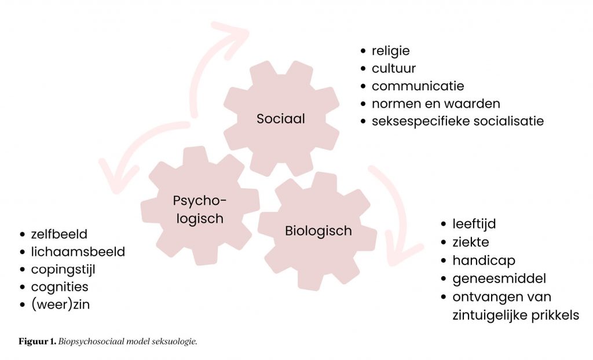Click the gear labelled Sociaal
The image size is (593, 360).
[x=281, y=119]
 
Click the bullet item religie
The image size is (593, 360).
[x=390, y=51]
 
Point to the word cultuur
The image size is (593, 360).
[x=394, y=68]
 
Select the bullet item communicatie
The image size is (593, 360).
[x=418, y=86]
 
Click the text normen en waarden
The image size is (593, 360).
[x=435, y=104]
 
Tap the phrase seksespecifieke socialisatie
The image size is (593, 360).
[x=457, y=122]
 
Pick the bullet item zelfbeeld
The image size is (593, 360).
[x=59, y=234]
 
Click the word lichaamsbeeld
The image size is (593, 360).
[x=78, y=252]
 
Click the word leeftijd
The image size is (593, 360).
[x=474, y=224]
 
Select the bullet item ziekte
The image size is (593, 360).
[x=471, y=242]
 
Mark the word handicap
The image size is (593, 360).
[x=484, y=260]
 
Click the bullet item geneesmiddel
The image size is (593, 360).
[x=499, y=278]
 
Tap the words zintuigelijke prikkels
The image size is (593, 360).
[x=515, y=315]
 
